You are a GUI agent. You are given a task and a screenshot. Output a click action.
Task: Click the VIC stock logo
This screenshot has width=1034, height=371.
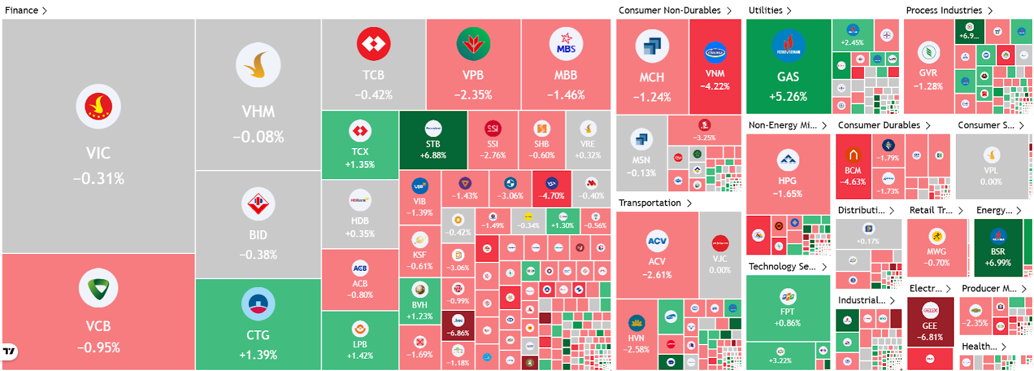click(x=98, y=107)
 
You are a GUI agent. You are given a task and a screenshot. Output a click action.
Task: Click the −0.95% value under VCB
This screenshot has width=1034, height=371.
click(x=98, y=348)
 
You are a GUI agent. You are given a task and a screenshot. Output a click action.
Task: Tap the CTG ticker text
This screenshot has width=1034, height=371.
click(x=258, y=335)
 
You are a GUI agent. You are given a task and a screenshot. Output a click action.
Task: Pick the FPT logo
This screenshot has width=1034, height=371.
click(x=788, y=297)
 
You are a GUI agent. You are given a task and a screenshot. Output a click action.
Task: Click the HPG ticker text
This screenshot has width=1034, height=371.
click(x=787, y=181)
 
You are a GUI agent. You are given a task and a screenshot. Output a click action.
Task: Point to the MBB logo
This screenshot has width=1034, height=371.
click(x=565, y=43)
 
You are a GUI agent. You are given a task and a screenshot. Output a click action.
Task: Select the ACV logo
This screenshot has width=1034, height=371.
click(x=657, y=241)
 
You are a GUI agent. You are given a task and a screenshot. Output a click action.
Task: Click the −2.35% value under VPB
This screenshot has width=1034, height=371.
click(x=473, y=95)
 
